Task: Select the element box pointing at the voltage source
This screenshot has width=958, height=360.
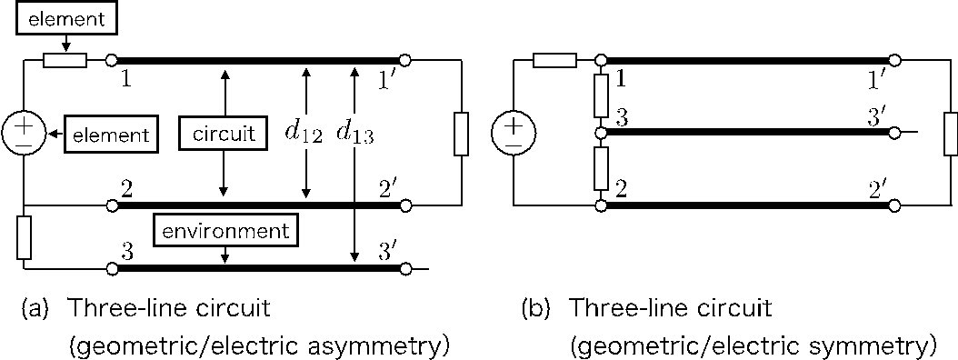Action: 110,135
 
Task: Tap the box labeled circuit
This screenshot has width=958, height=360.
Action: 223,135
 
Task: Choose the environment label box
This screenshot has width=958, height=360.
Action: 225,230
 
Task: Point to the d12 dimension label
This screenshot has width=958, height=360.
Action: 303,134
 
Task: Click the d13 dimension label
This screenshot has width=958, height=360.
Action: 354,134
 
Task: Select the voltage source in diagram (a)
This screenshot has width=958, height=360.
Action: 24,133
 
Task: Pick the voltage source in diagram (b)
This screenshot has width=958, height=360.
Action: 514,133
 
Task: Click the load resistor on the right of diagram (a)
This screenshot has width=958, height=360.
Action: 462,133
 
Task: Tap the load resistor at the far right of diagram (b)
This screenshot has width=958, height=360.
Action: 951,133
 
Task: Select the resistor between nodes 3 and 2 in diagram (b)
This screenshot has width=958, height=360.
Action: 601,169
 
